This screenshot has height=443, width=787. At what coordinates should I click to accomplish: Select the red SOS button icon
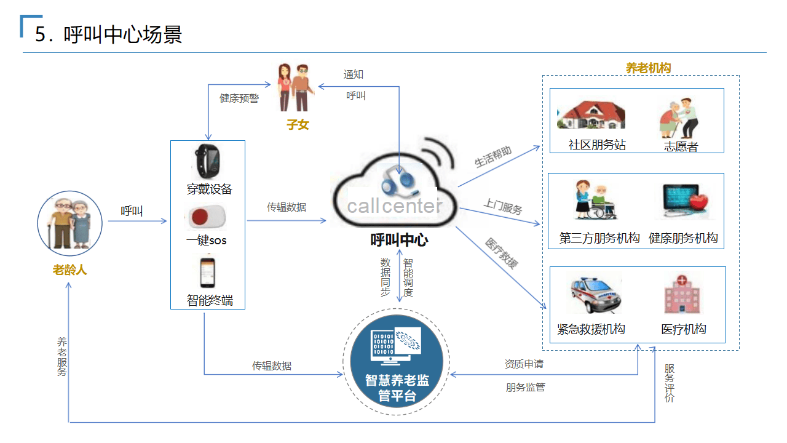(205, 217)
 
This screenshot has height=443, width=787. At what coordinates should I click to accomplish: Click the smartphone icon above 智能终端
(208, 273)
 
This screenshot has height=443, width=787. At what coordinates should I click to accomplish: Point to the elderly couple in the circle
(69, 222)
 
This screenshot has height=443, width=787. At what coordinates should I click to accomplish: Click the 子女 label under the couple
(298, 125)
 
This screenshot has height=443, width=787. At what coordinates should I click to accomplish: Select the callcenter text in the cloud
(394, 206)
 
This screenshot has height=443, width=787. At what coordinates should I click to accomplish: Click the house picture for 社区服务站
(591, 115)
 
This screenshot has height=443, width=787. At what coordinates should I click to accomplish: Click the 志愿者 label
(681, 146)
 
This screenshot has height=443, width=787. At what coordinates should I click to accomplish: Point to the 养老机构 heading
(648, 68)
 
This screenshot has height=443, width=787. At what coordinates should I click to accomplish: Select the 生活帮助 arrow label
(493, 157)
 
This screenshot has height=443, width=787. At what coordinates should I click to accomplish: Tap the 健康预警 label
(239, 98)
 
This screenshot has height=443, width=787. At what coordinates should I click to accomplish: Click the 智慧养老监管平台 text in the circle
(397, 388)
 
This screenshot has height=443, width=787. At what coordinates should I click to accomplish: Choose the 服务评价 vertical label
(670, 383)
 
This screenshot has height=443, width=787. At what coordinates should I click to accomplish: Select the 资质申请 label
(524, 364)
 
